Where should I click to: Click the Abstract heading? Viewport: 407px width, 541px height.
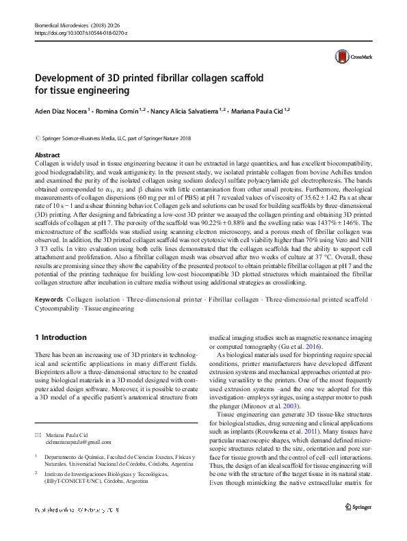[x=47, y=156]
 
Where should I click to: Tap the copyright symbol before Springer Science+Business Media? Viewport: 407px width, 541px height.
[x=37, y=137]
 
